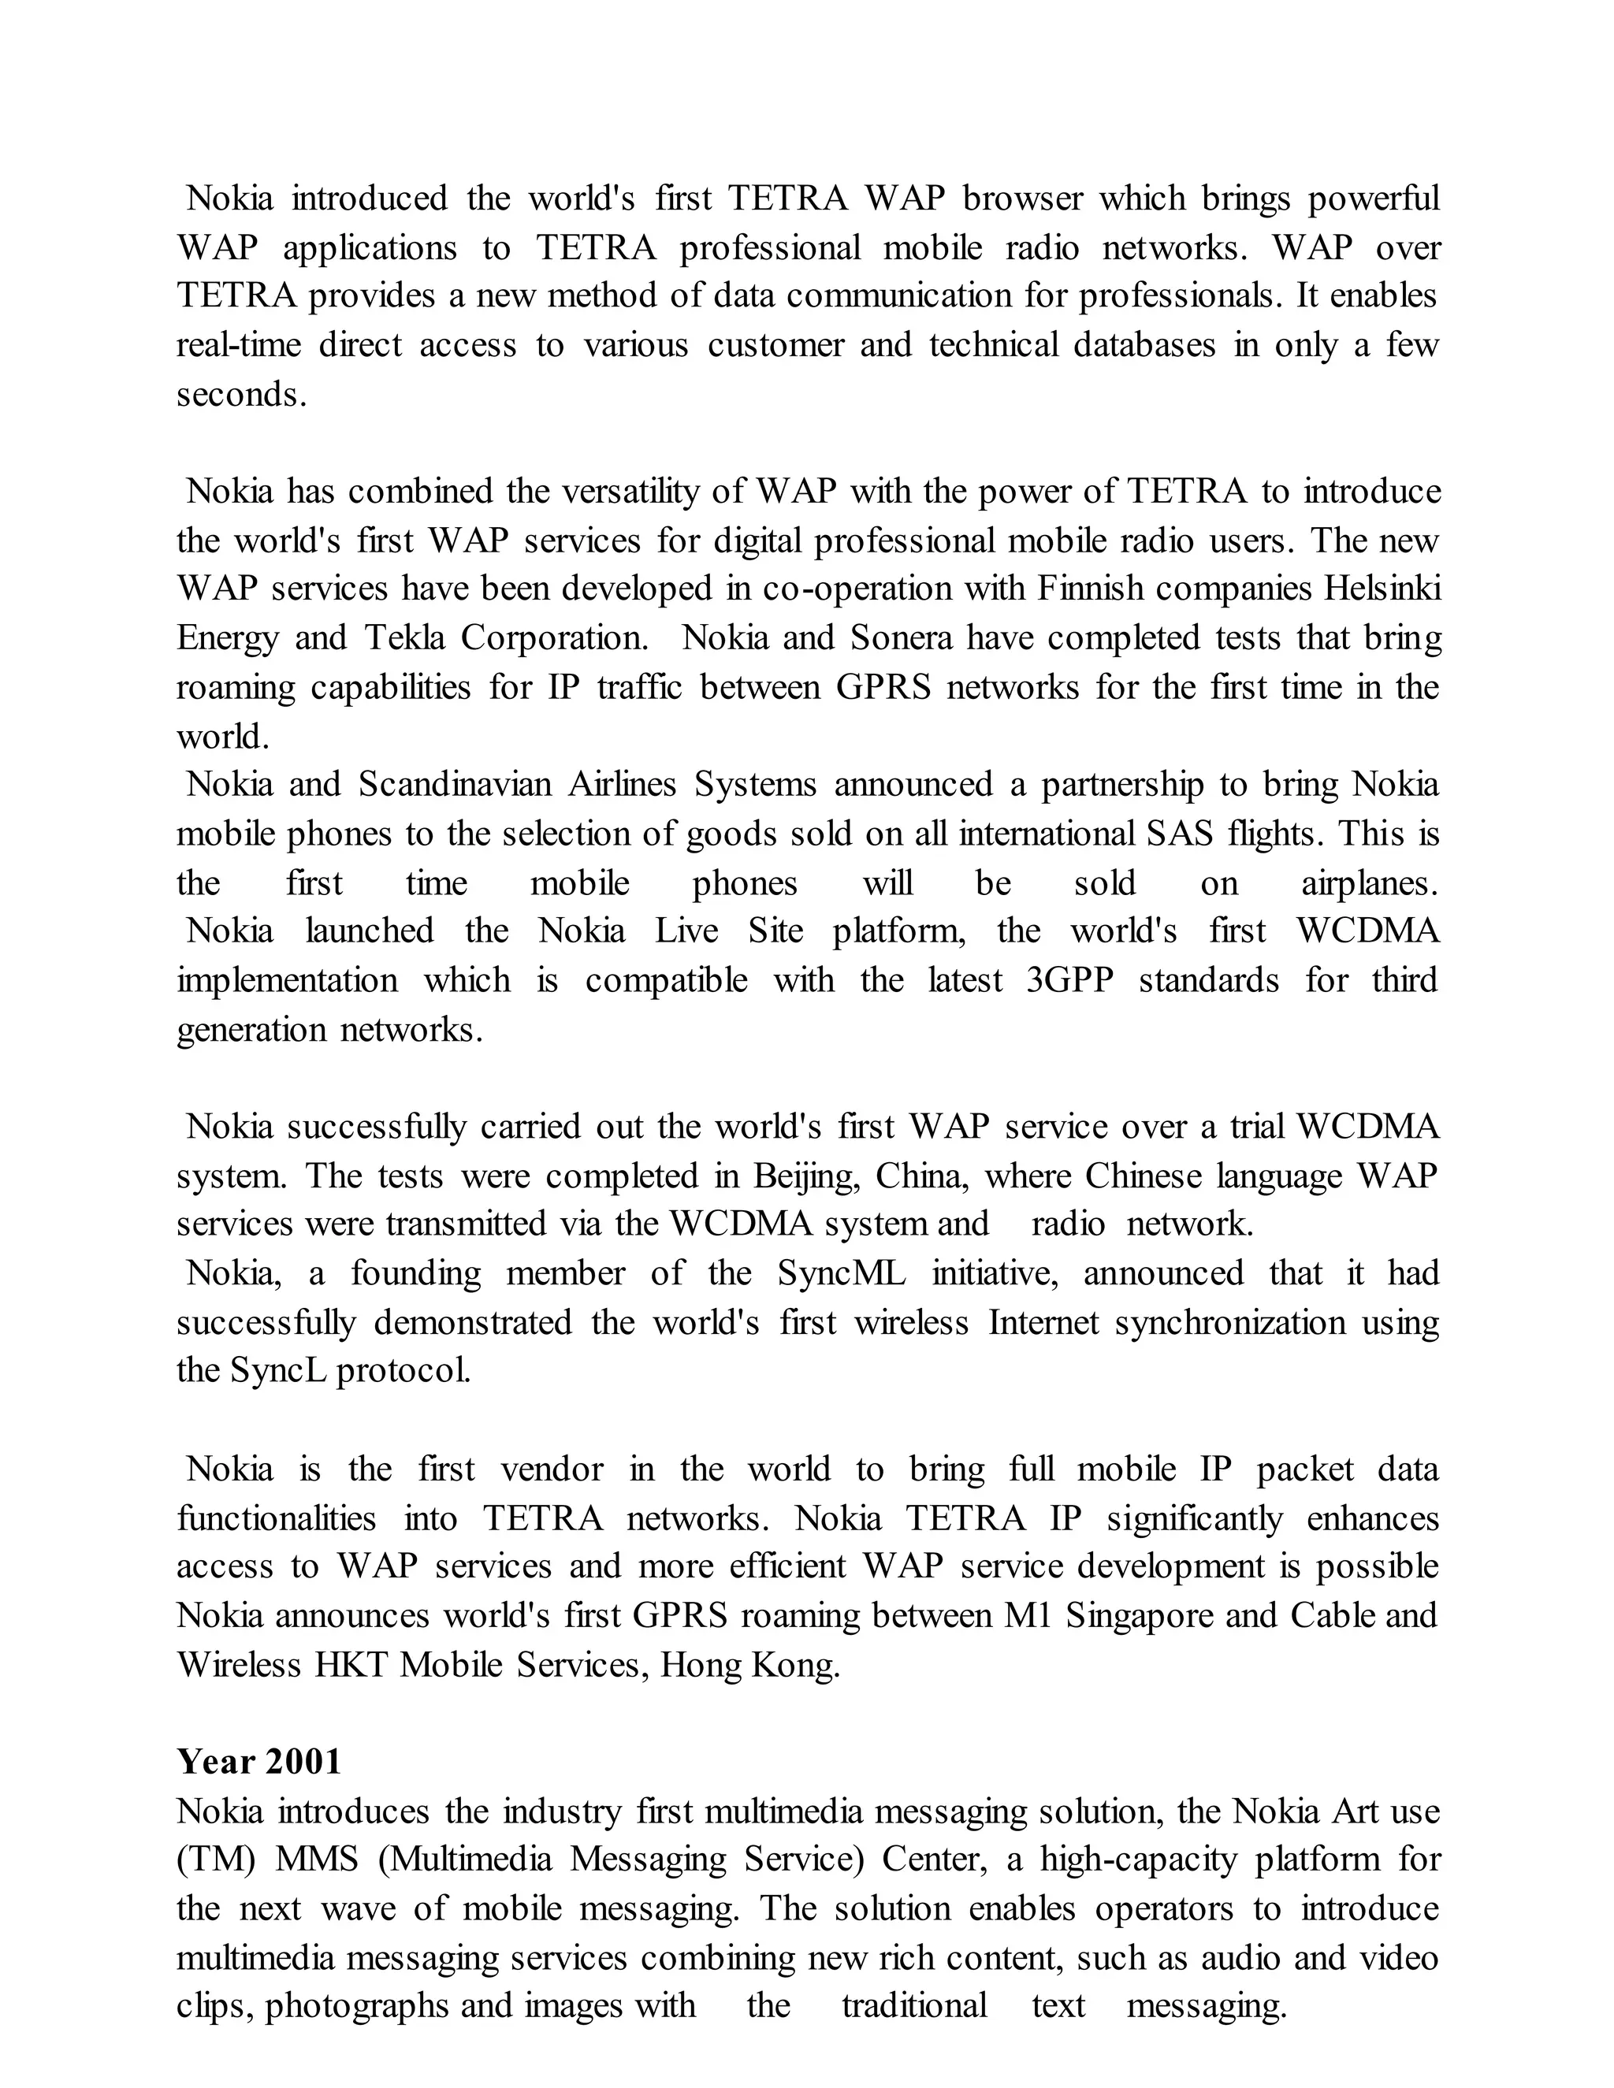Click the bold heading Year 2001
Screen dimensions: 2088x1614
click(x=258, y=1761)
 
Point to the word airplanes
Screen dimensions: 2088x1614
click(x=1368, y=883)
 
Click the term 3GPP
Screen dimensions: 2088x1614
click(x=1069, y=981)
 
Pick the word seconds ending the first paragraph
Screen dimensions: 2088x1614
click(x=240, y=395)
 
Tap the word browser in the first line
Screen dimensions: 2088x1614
click(x=1022, y=199)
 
